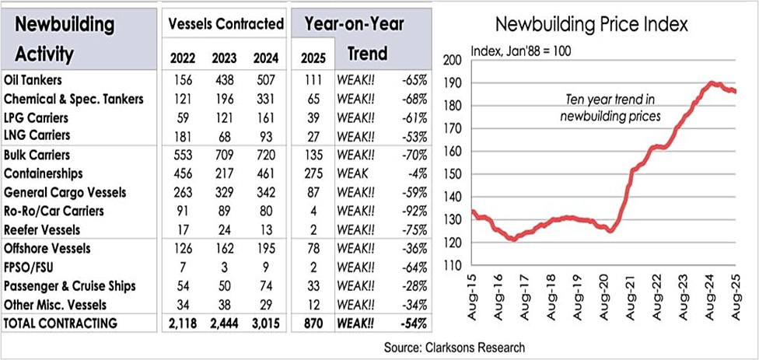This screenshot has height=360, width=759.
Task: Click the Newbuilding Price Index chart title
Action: click(x=592, y=25)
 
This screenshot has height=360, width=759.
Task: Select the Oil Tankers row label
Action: click(x=33, y=80)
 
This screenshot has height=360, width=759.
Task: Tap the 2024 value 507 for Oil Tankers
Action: click(x=264, y=80)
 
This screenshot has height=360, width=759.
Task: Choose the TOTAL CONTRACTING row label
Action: click(x=61, y=323)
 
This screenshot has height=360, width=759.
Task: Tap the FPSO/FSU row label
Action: click(x=29, y=267)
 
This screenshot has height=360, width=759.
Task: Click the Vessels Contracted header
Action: click(x=226, y=25)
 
